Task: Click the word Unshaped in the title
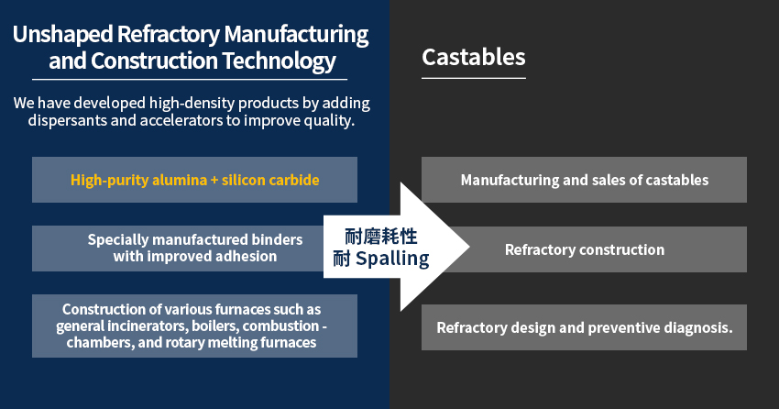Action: click(x=61, y=36)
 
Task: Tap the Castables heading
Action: click(x=473, y=57)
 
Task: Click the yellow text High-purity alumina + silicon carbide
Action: click(x=194, y=180)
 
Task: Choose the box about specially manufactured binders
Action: click(x=194, y=249)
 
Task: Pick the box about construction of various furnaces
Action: click(x=194, y=326)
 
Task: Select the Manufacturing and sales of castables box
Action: click(x=584, y=180)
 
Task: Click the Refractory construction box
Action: click(x=584, y=249)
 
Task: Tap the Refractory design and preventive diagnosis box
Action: click(x=584, y=327)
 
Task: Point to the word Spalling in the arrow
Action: click(x=391, y=259)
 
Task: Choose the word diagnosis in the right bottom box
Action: click(x=696, y=327)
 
